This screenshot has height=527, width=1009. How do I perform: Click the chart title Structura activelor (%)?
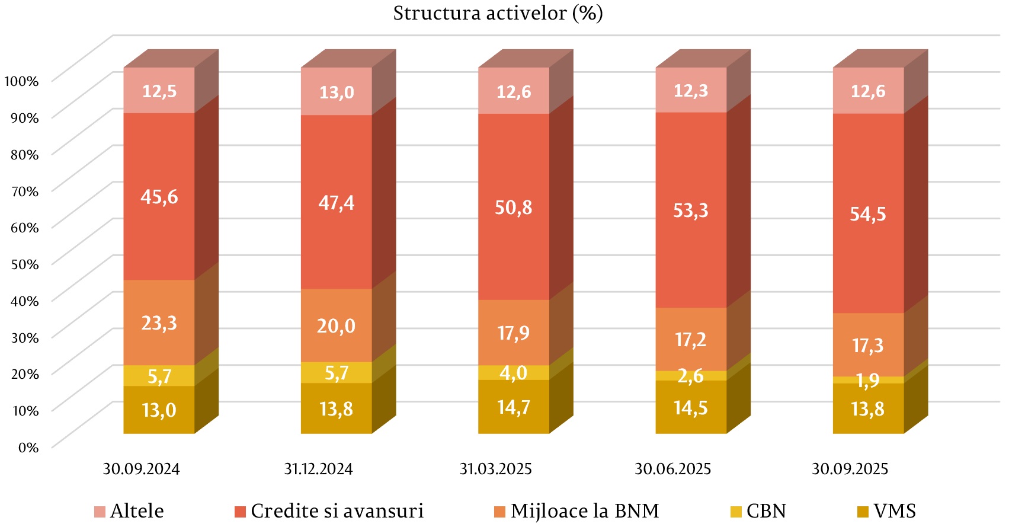click(498, 13)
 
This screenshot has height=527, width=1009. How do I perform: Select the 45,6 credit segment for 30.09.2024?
click(159, 196)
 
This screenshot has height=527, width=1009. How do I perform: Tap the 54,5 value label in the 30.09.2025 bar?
click(867, 213)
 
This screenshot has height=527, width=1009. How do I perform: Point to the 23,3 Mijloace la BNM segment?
click(159, 323)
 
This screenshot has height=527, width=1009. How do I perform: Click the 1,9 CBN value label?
click(867, 380)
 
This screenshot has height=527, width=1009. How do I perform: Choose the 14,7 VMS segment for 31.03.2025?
click(514, 407)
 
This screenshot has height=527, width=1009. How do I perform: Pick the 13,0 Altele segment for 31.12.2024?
click(337, 92)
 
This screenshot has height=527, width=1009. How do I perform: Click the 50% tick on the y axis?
click(24, 264)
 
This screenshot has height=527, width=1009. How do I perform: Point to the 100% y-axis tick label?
click(21, 81)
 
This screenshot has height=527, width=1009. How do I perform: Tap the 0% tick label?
click(28, 447)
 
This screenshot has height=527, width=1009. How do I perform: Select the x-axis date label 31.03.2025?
click(495, 469)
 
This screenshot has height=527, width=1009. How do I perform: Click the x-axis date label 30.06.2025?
click(672, 469)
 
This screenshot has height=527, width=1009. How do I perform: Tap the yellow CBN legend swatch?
click(736, 512)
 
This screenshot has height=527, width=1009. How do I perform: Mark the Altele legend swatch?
click(100, 512)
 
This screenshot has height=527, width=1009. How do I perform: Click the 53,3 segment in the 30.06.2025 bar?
click(691, 210)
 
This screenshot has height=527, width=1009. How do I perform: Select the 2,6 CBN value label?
click(690, 376)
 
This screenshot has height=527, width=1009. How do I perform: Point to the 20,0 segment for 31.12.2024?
click(336, 325)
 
